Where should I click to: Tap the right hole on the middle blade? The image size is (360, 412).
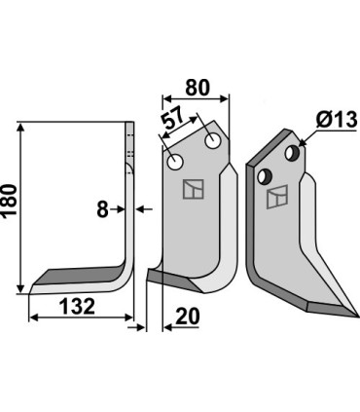pyautogui.click(x=212, y=142)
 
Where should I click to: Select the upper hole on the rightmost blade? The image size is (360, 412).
pyautogui.click(x=290, y=152)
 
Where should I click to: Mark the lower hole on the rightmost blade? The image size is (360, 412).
pyautogui.click(x=262, y=175)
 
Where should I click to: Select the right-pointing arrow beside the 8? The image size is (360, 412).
pyautogui.click(x=117, y=207)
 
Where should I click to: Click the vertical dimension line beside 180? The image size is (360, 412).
pyautogui.click(x=19, y=205)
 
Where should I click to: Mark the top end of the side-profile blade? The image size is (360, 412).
pyautogui.click(x=130, y=124)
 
